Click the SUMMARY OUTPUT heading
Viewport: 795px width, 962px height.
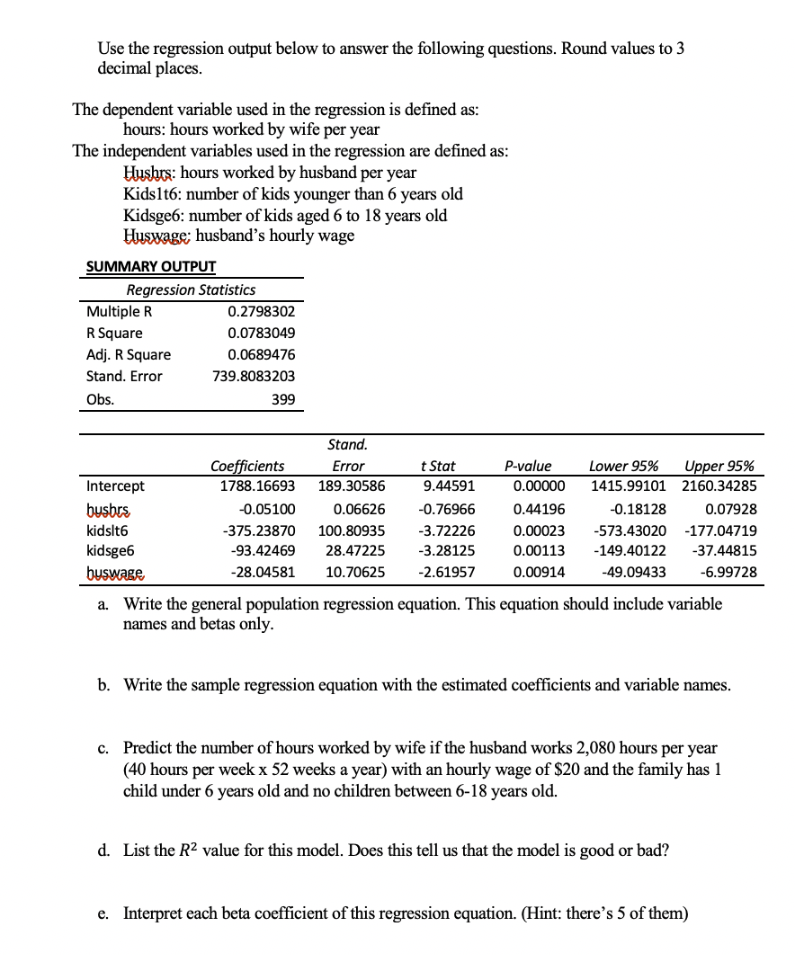(x=150, y=266)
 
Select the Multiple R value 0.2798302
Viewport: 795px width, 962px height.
(x=262, y=311)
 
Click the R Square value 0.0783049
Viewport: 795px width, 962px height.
(x=262, y=333)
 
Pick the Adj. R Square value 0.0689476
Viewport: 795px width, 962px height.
(x=262, y=354)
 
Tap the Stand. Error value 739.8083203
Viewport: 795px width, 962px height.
(x=254, y=376)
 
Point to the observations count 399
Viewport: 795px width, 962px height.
(x=282, y=398)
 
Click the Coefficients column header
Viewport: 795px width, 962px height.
(x=247, y=466)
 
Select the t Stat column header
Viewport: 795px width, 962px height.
(x=438, y=466)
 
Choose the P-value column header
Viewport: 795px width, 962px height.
(x=528, y=466)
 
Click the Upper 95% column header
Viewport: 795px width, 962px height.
(x=719, y=466)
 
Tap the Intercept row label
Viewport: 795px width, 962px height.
(x=115, y=486)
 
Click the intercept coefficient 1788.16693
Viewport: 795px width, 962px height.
(x=257, y=486)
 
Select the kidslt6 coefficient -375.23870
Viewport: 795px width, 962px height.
(x=259, y=530)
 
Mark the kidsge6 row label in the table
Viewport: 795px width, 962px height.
(x=112, y=551)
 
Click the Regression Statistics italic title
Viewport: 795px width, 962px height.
(x=191, y=289)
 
